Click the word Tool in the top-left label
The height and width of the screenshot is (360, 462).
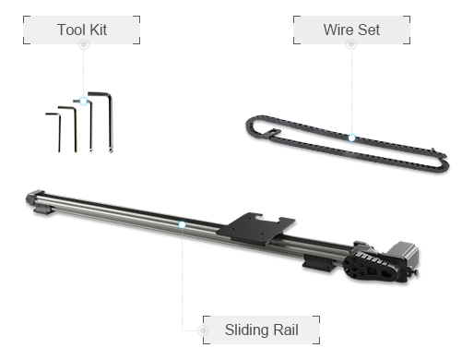pyautogui.click(x=71, y=30)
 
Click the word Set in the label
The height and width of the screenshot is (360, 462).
pyautogui.click(x=369, y=30)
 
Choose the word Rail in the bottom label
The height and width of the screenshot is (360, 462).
pyautogui.click(x=286, y=330)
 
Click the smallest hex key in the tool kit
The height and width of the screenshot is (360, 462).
pyautogui.click(x=55, y=132)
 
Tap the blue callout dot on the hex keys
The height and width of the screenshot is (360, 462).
pyautogui.click(x=83, y=101)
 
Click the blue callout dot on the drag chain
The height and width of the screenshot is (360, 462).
pyautogui.click(x=351, y=138)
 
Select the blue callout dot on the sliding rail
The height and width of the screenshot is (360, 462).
pyautogui.click(x=182, y=225)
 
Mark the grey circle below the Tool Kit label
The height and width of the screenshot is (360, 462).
pyautogui.click(x=84, y=44)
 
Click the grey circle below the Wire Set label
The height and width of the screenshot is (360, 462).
pyautogui.click(x=351, y=44)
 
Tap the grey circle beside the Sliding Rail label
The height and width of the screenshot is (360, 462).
pyautogui.click(x=203, y=330)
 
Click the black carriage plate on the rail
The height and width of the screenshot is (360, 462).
pyautogui.click(x=255, y=228)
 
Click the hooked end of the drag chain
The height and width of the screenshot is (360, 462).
pyautogui.click(x=273, y=133)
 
